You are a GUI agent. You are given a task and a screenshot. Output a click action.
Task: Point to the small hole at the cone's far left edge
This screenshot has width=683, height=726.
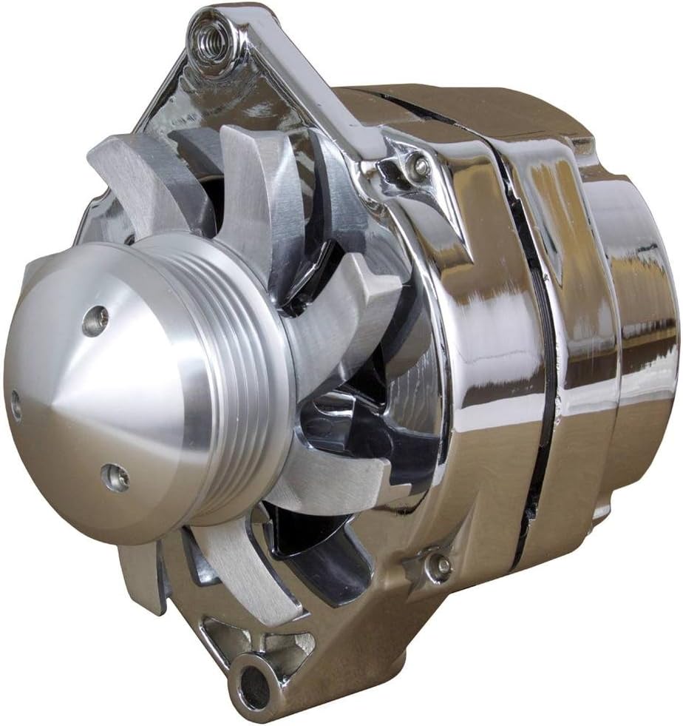[x=16, y=405]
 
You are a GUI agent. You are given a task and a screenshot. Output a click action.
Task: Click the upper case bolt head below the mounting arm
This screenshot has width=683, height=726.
[x=420, y=167]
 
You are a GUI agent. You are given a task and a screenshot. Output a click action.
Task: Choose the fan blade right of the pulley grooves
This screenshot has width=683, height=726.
[x=347, y=318]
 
